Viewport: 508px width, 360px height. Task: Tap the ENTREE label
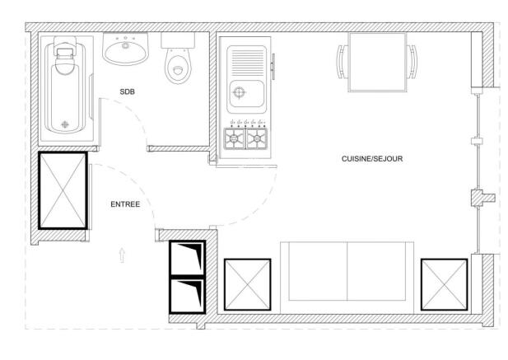point(125,203)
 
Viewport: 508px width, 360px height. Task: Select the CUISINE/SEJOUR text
point(371,158)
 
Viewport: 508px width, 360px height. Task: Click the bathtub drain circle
point(67,125)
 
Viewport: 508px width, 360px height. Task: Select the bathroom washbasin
point(125,50)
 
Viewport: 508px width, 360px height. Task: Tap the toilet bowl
point(177,69)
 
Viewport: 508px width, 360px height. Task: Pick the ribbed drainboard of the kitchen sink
point(248,62)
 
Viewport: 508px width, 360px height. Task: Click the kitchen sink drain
point(240,91)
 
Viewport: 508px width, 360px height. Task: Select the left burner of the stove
point(234,139)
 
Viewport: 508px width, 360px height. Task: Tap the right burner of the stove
point(258,139)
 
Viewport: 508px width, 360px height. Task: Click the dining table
point(376,63)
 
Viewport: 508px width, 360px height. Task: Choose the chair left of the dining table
point(341,63)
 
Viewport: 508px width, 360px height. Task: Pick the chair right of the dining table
point(412,63)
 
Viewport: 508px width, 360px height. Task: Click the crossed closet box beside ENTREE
point(63,189)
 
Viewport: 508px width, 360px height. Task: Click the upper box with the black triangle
point(186,259)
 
